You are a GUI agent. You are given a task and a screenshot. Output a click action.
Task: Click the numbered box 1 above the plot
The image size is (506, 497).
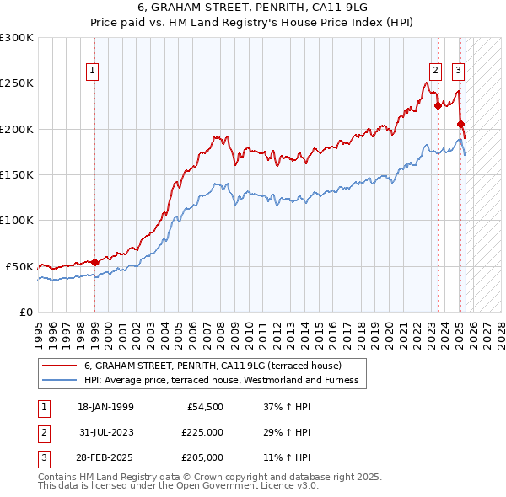click(x=91, y=71)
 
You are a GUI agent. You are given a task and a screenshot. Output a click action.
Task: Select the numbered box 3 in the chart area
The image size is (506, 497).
click(x=458, y=71)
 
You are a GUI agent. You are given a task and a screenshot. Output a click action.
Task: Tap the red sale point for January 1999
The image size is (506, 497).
click(x=94, y=262)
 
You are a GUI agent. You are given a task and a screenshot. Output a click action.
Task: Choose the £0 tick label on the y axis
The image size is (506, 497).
click(x=26, y=312)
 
